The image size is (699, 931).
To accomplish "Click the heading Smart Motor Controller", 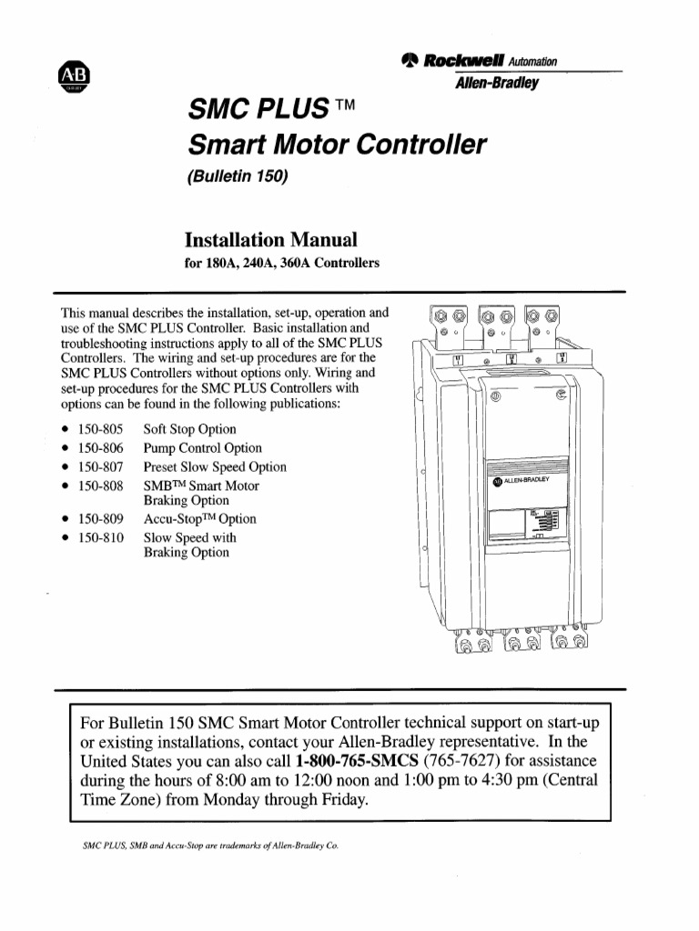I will (x=336, y=145).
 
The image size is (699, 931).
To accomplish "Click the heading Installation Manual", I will (x=270, y=240).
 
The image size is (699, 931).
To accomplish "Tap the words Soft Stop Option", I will (x=189, y=429).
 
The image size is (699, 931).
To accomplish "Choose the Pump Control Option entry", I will (x=202, y=448).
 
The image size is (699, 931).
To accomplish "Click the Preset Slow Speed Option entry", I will (x=215, y=466).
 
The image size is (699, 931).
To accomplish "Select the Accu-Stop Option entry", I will (x=200, y=519).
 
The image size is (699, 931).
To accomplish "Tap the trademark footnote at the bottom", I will (x=210, y=845).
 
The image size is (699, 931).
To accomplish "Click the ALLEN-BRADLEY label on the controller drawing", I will (x=525, y=482).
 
